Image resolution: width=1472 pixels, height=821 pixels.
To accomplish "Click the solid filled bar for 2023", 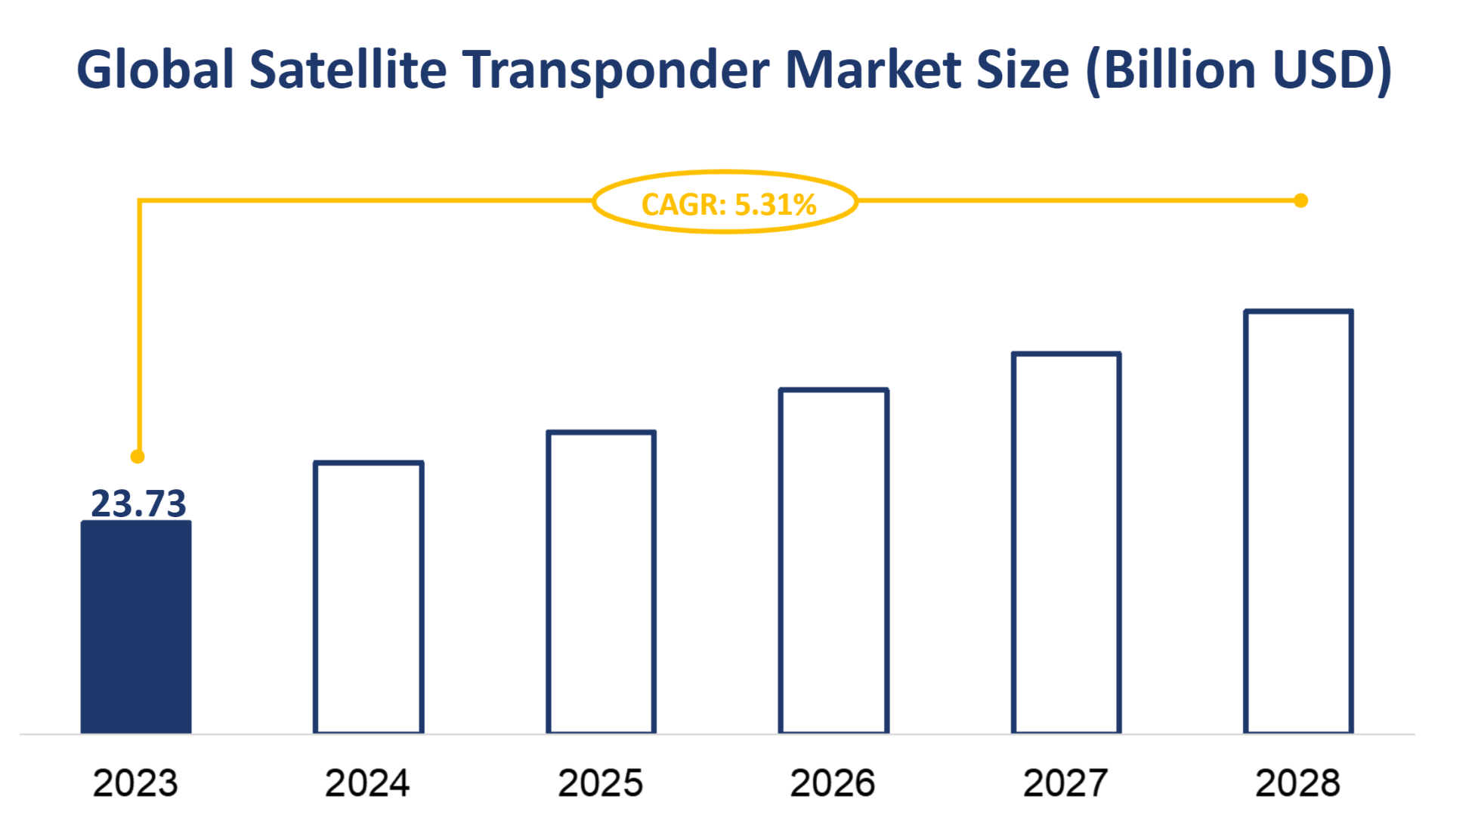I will click(136, 627).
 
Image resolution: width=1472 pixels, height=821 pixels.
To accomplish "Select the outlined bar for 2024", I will click(369, 597).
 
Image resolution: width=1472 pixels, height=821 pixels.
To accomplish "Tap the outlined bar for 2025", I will click(601, 582).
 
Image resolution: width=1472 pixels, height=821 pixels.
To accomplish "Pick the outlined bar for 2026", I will click(833, 561).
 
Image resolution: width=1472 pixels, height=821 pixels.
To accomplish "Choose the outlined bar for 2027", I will click(1066, 543).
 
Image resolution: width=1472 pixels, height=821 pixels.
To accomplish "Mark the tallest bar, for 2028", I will click(1298, 522).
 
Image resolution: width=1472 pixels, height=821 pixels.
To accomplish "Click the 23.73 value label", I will click(138, 503).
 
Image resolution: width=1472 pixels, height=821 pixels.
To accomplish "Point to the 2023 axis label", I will click(135, 783).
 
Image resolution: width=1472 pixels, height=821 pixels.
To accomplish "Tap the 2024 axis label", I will click(367, 783).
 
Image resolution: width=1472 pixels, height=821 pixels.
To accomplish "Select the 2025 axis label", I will click(601, 783).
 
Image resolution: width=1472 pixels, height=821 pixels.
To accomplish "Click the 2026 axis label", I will click(833, 783).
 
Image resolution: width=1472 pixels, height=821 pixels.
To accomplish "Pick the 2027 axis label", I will click(1065, 783).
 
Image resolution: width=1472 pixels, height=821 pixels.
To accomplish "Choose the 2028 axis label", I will click(1297, 783).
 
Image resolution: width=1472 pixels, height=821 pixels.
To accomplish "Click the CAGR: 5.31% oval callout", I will click(726, 203).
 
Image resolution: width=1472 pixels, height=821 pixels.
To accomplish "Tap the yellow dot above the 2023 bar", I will click(138, 457).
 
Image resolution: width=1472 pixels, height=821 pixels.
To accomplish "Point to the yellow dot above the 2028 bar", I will click(1300, 200).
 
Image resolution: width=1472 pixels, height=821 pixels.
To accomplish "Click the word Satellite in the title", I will click(348, 70).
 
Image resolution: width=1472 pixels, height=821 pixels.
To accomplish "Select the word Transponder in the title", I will click(615, 70).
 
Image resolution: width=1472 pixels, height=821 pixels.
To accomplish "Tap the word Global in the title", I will click(156, 70).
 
